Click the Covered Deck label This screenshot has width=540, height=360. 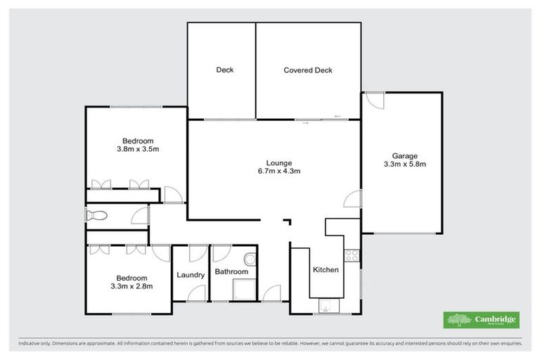coord(307,70)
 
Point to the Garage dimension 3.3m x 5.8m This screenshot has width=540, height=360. coord(404,165)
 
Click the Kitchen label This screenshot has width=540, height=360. coord(326,270)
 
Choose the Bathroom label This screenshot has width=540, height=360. coord(231,272)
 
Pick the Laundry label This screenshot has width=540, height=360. coord(191,275)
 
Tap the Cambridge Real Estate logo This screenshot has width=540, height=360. coord(482,320)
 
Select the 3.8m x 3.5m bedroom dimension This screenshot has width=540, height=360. coord(138,149)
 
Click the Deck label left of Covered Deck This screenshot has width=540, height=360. coord(224,70)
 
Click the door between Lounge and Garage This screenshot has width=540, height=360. coord(352,200)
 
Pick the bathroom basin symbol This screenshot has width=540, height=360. coord(252,258)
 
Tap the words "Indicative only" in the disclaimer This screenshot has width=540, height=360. coord(34,344)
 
